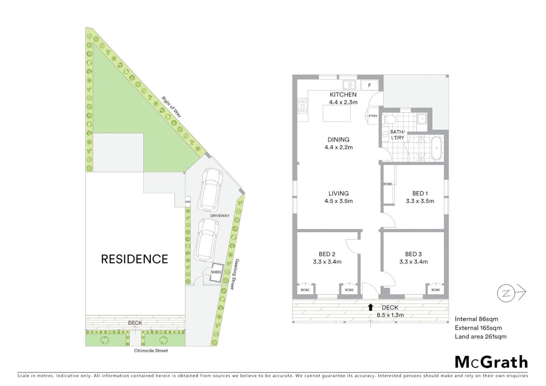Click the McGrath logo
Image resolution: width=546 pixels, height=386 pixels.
pos(491,362)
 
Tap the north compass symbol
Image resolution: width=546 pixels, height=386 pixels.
pos(506,293)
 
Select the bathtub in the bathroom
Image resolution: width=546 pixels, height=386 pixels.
pos(436,148)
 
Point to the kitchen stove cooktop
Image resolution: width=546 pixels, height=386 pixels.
pos(303,106)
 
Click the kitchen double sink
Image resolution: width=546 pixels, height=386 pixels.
pos(349,85)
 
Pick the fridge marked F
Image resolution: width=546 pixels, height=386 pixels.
pos(369,85)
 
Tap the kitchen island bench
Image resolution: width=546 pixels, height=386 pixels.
pos(336,113)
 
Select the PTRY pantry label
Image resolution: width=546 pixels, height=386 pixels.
pos(373,116)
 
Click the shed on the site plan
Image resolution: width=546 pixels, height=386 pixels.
pos(216,272)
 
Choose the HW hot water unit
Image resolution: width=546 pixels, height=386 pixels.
pos(188,202)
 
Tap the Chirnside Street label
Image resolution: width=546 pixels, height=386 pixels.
pos(151,351)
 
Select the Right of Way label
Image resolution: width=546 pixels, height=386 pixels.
pos(172,107)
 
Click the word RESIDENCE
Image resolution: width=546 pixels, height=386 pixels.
pos(134,259)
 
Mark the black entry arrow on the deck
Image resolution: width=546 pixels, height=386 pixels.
pos(371,307)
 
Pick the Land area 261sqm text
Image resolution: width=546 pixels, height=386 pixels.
pos(480,336)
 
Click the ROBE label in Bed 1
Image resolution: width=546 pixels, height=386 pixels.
pos(388,184)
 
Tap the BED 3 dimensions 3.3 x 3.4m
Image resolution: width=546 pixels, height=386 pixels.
pos(413,262)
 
